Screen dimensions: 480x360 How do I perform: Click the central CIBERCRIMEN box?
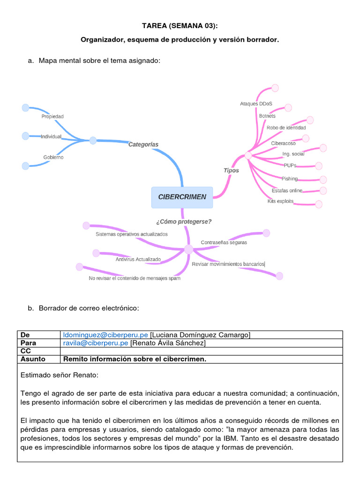pyautogui.click(x=182, y=197)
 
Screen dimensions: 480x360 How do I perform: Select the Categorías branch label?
pyautogui.click(x=143, y=144)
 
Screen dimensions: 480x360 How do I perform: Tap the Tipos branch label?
pyautogui.click(x=231, y=170)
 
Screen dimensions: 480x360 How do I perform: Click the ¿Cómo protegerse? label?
pyautogui.click(x=183, y=222)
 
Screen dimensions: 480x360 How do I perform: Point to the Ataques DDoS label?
pyautogui.click(x=256, y=104)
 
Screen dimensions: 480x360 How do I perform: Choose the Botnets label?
pyautogui.click(x=267, y=116)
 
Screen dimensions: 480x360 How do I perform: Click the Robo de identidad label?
pyautogui.click(x=286, y=127)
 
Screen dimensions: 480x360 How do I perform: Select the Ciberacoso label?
pyautogui.click(x=283, y=142)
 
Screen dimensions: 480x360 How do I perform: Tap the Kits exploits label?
pyautogui.click(x=280, y=201)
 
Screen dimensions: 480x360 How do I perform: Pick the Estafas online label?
pyautogui.click(x=287, y=190)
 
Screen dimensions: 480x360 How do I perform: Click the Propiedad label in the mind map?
pyautogui.click(x=52, y=116)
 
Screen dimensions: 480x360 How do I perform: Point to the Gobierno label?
pyautogui.click(x=53, y=157)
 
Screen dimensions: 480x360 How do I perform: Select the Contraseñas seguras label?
pyautogui.click(x=224, y=242)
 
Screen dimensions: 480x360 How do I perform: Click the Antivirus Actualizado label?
pyautogui.click(x=138, y=259)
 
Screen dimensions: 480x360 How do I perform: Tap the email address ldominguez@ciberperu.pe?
pyautogui.click(x=105, y=335)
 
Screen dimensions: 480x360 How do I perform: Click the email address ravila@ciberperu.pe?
pyautogui.click(x=96, y=343)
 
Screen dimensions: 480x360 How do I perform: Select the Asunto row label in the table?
pyautogui.click(x=33, y=359)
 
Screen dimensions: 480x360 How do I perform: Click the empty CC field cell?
pyautogui.click(x=202, y=351)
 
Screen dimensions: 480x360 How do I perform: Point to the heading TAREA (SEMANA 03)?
pyautogui.click(x=180, y=26)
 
